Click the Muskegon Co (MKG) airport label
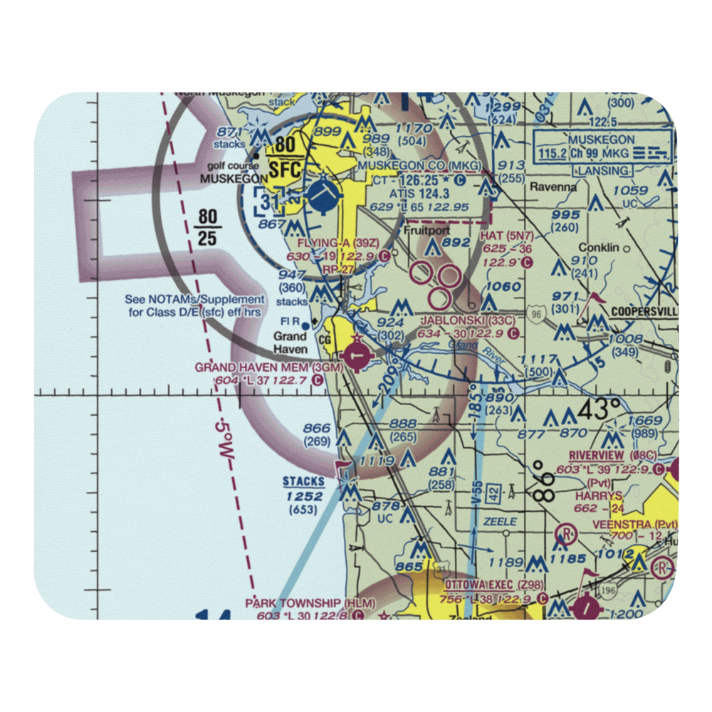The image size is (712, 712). coord(419,166)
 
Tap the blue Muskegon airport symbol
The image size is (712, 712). coord(325,193)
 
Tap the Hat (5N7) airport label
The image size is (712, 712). coord(507,236)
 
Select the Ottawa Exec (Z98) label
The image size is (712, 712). coord(494,586)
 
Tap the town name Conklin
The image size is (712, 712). coord(596,248)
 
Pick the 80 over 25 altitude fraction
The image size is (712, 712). coord(206,226)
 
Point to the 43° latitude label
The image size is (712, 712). coord(599,410)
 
